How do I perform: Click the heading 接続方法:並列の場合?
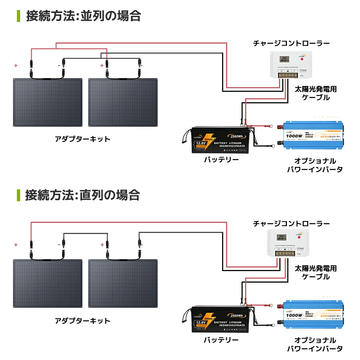coord(83,16)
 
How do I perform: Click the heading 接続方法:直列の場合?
coord(82,195)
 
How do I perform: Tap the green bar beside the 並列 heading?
coord(18,16)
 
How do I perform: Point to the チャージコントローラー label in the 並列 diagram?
coord(291,43)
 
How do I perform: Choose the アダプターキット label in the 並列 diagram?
coord(82,139)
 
